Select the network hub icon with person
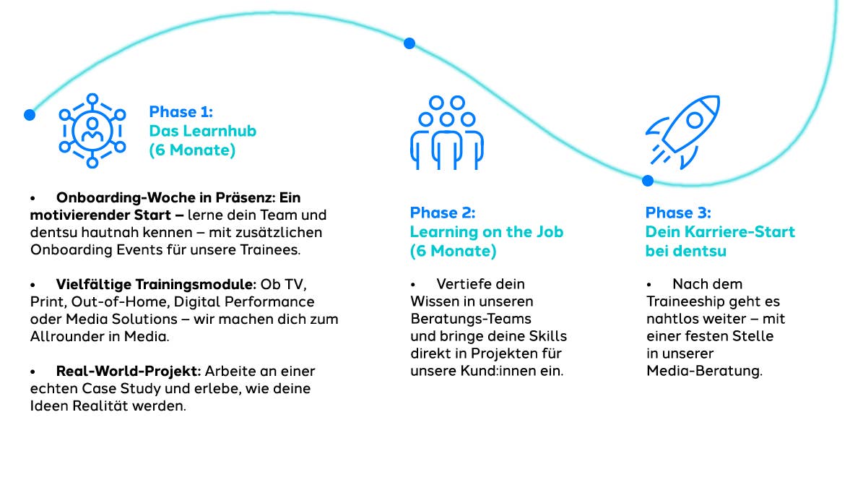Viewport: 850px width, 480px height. [x=92, y=131]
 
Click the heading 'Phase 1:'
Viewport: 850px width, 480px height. [x=181, y=112]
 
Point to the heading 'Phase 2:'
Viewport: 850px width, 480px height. [x=442, y=213]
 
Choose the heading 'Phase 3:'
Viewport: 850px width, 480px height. [x=677, y=213]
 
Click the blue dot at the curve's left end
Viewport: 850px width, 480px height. [x=30, y=114]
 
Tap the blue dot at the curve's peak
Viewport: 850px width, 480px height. [x=409, y=43]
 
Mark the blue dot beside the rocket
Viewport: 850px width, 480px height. [x=647, y=181]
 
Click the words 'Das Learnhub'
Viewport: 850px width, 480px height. [x=202, y=132]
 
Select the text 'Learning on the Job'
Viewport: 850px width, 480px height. [x=486, y=232]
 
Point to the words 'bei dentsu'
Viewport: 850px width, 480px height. [x=685, y=252]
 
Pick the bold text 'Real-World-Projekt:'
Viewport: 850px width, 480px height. [x=129, y=371]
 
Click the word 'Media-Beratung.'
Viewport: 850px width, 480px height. [x=704, y=372]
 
